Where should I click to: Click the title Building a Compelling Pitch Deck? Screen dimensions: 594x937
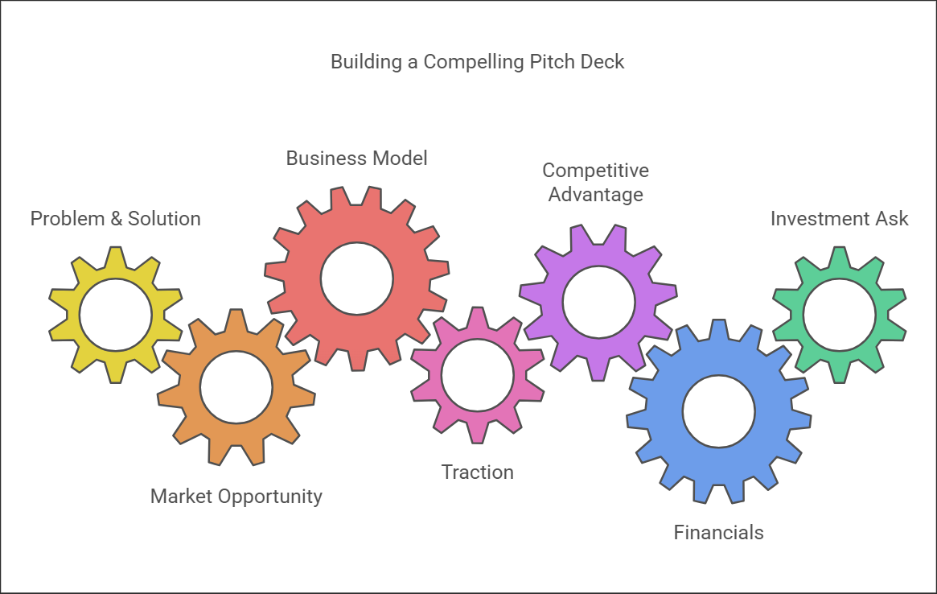pos(477,62)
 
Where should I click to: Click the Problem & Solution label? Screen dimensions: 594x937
pos(115,219)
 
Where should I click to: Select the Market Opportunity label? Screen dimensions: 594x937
pos(236,497)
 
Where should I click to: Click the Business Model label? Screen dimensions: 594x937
pos(356,159)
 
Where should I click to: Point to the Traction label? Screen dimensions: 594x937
pos(477,472)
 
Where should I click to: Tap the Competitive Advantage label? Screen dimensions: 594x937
pos(595,183)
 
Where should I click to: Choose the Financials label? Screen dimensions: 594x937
pos(718,532)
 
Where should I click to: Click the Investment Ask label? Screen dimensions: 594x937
pos(839,219)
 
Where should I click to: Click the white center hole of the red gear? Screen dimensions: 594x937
pos(356,279)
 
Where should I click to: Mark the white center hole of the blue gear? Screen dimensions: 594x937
pos(718,412)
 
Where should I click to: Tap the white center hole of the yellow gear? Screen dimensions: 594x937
pos(115,315)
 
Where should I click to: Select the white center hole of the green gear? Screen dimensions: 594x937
pos(839,315)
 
